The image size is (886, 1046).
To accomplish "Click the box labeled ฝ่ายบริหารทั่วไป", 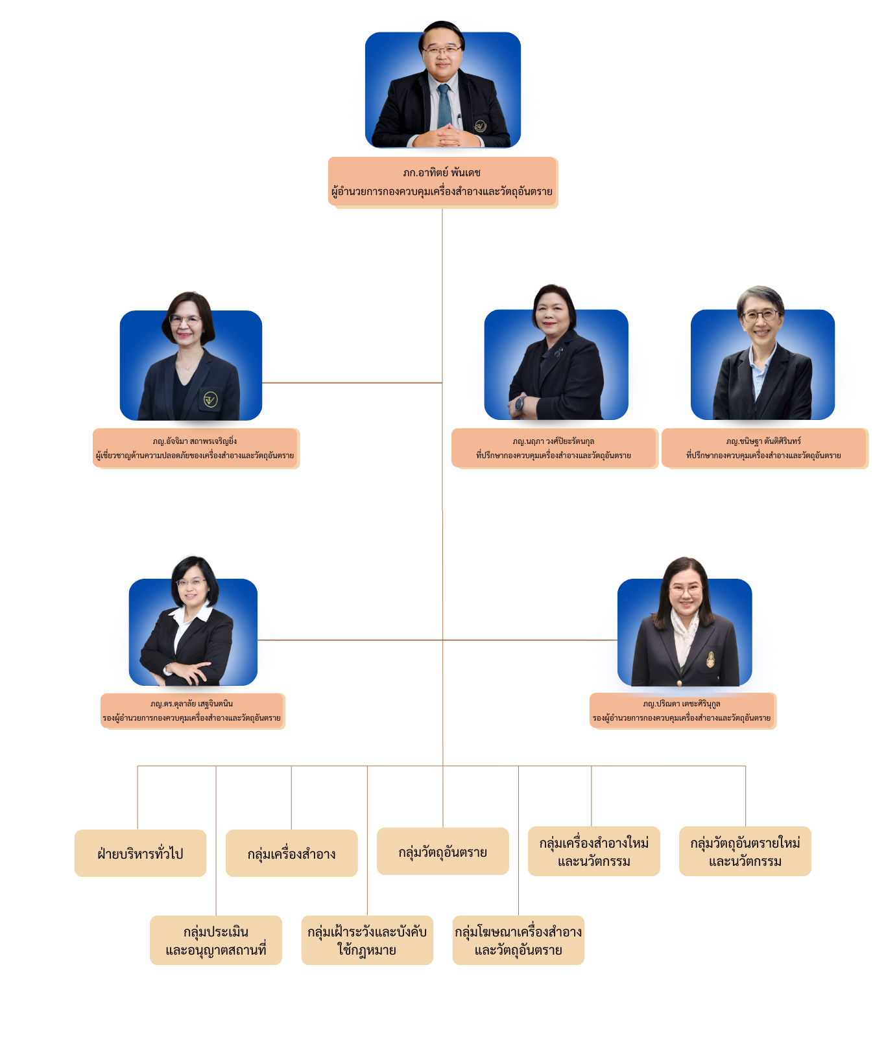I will [x=140, y=853].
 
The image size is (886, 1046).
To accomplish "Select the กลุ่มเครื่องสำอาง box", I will [x=291, y=853].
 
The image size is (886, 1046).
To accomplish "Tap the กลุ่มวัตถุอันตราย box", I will [x=443, y=851].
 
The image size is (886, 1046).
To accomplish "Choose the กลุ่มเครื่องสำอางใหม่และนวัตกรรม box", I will [x=594, y=851].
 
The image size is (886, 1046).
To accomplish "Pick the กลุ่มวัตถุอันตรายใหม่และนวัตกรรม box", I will [x=745, y=851].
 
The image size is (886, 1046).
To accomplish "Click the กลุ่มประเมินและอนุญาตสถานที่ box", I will [x=216, y=940].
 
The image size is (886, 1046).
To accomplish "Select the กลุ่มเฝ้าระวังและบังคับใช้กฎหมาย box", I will [x=367, y=940].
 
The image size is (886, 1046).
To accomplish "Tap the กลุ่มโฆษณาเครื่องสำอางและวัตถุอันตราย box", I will [x=518, y=940].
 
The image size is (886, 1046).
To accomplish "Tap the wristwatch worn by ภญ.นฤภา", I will [x=520, y=403].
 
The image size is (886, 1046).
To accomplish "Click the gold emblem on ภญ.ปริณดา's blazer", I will [x=710, y=658].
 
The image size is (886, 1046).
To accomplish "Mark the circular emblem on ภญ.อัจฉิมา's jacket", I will [x=210, y=399].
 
